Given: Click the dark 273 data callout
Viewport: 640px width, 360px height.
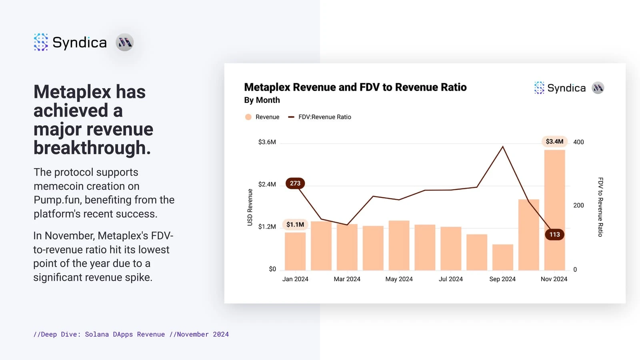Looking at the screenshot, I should [295, 183].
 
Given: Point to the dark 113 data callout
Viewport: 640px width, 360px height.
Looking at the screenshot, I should [554, 234].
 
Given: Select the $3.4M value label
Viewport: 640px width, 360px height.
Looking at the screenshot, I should [554, 142].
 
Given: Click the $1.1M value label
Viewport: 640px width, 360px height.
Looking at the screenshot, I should [295, 224].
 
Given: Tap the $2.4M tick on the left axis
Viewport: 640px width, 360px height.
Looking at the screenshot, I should [267, 184].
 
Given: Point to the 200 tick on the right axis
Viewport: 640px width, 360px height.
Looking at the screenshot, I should [578, 205].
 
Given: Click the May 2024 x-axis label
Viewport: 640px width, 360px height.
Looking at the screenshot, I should [399, 279].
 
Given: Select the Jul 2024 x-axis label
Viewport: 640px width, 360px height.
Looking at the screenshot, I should [451, 279].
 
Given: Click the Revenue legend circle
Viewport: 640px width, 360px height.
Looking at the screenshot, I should [248, 117].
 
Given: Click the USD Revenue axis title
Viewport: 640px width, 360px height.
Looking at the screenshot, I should [250, 207].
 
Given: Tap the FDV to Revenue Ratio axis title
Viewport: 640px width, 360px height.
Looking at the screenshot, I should [600, 207].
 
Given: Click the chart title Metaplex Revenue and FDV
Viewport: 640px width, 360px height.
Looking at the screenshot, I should [355, 87].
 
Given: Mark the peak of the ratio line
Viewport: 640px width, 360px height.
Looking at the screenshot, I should [503, 147].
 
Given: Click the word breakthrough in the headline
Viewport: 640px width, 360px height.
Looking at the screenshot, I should [92, 148].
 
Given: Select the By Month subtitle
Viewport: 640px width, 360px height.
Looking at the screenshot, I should [262, 100].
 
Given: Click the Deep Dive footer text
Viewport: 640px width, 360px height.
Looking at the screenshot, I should [131, 334].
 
